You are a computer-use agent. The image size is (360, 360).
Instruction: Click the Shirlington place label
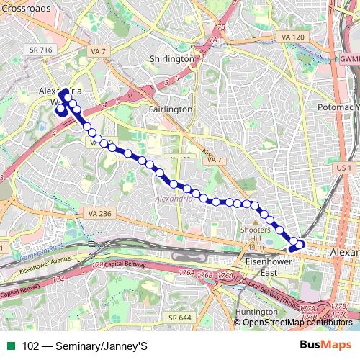click(171, 58)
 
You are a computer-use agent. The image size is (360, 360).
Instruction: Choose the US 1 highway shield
click(344, 166)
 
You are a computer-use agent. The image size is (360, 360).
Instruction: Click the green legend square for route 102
click(9, 346)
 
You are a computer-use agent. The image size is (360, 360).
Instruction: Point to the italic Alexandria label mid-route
click(174, 197)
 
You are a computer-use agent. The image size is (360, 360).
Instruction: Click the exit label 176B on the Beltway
click(205, 275)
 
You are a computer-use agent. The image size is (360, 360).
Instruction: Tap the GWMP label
click(349, 58)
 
